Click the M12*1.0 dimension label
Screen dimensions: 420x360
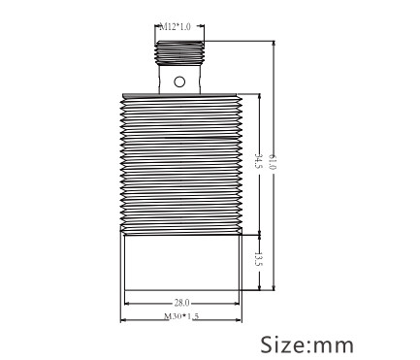(x=176, y=27)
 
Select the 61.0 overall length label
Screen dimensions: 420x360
(x=274, y=162)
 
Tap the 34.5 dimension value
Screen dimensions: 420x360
(x=259, y=161)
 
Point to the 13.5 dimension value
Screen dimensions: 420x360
(x=259, y=260)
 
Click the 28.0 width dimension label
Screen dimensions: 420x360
(x=182, y=303)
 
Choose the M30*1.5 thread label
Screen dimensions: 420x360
(x=181, y=316)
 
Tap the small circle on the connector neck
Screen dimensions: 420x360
(x=179, y=82)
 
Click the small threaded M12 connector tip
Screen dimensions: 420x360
(x=179, y=52)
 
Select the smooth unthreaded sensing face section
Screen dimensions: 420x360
(x=181, y=262)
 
